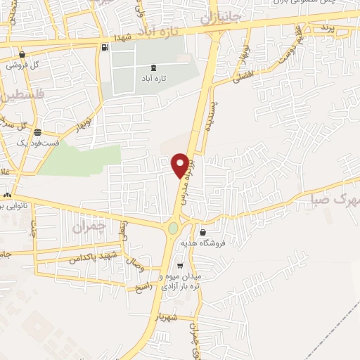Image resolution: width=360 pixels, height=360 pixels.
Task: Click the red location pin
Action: (x=181, y=165)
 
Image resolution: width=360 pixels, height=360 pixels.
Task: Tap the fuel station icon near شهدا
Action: (x=105, y=48)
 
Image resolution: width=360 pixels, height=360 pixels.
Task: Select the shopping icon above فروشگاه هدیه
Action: (x=203, y=232)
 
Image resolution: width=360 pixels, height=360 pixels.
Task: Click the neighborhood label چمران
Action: (x=88, y=226)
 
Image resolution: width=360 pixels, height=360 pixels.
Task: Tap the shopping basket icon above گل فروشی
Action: (x=22, y=54)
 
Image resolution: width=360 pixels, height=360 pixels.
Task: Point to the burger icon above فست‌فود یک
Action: (x=37, y=132)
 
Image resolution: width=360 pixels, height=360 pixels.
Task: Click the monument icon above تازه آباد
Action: (x=154, y=67)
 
